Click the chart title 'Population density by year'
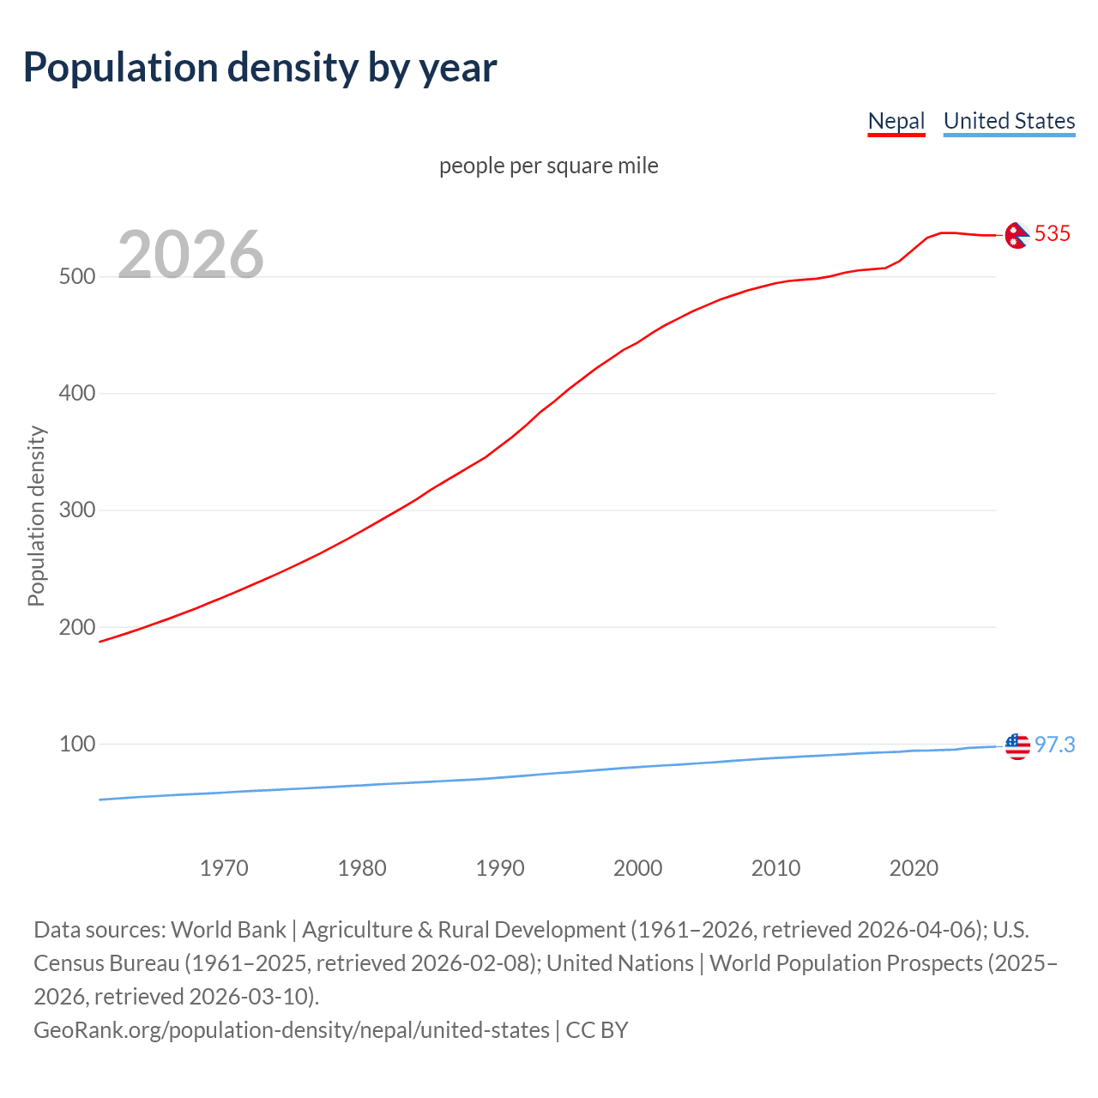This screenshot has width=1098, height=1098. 260,68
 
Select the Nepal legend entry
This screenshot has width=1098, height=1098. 896,121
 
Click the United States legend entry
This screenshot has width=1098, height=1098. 1009,121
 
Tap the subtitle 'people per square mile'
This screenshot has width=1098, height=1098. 549,166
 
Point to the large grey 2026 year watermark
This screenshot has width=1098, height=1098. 190,255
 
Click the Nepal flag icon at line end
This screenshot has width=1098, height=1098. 1017,235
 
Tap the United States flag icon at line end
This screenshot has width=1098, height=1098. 1017,746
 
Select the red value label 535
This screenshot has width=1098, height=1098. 1053,233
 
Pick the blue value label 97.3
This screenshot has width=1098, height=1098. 1054,745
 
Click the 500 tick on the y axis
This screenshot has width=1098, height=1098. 76,277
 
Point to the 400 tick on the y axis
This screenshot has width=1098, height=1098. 76,394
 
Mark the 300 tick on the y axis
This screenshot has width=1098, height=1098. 76,510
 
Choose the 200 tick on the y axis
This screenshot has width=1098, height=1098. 76,627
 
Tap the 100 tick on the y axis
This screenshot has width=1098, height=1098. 76,744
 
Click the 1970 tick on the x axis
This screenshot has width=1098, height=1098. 224,868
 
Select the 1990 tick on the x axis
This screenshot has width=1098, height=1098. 500,868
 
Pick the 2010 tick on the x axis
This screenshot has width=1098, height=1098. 776,868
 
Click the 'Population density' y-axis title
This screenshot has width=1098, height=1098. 36,516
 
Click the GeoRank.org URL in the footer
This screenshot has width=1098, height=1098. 292,1029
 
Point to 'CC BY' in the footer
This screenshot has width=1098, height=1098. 597,1029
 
